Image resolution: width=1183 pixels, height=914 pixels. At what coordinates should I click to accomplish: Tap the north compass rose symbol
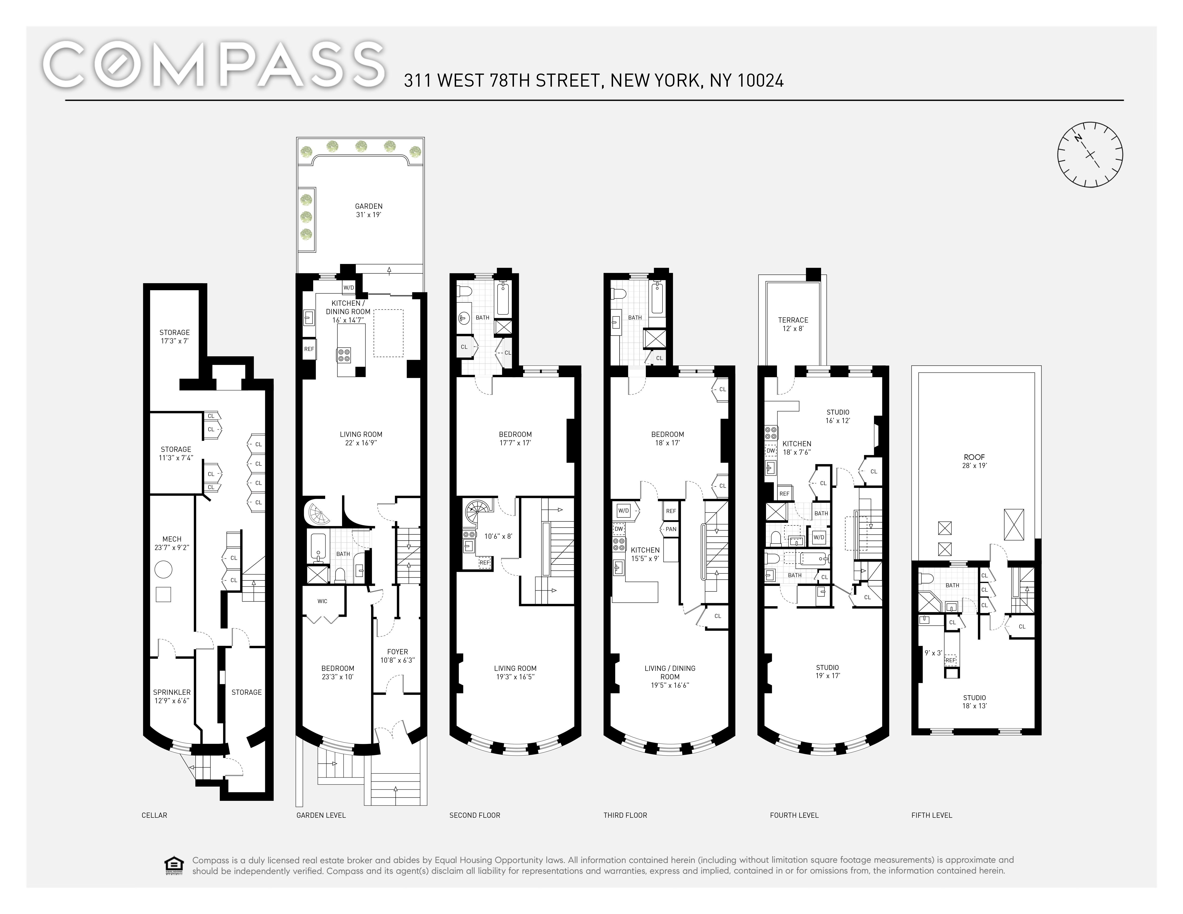1090,155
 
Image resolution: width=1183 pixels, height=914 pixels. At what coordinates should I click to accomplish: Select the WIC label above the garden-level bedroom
322,601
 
